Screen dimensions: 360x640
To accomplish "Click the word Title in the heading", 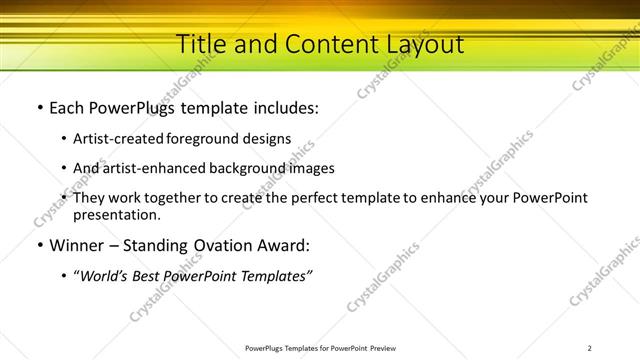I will [200, 44].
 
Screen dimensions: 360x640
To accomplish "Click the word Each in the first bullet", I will [67, 107].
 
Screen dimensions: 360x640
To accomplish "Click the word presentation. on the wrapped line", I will [117, 214].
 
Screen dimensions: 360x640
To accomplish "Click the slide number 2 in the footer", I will [590, 348].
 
